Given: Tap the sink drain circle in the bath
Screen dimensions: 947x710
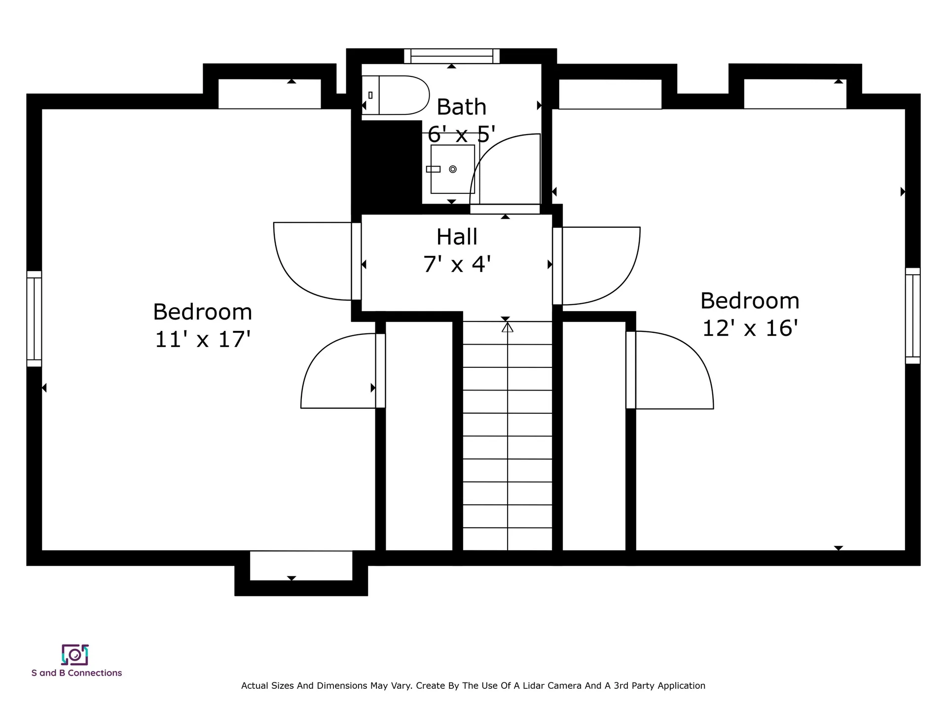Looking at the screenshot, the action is tap(453, 169).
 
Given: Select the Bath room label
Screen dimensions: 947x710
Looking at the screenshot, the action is tap(462, 107).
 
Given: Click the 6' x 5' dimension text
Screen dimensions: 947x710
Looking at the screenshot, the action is tap(461, 134).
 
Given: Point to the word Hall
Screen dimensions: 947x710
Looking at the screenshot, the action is tap(457, 237).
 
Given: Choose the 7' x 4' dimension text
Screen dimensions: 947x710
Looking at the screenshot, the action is tap(457, 264).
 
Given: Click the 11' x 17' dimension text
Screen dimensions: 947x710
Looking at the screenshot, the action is tap(203, 339).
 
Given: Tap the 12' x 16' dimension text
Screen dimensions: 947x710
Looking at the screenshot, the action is tap(750, 328).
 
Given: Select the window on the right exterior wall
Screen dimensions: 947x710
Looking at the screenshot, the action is tap(913, 316).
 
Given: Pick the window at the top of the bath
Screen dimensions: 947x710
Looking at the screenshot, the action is tap(452, 56).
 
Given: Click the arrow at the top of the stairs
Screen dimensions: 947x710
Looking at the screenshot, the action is tap(508, 327).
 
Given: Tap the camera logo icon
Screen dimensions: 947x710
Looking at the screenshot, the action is tap(75, 655).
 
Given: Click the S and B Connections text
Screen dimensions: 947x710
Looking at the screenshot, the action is tap(76, 673).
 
